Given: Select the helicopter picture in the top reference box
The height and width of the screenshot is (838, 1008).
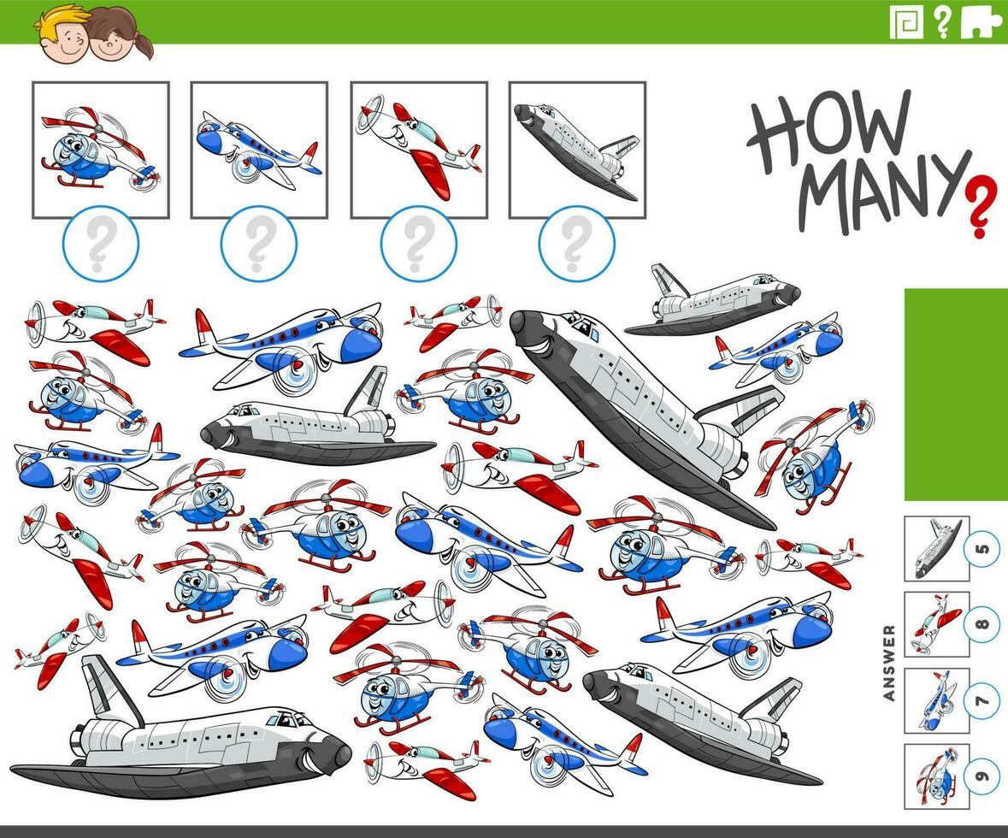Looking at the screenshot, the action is tap(100, 150).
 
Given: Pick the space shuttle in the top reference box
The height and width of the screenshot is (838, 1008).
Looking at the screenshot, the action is tap(577, 150).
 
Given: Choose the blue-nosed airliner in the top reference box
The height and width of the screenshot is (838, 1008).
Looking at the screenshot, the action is tap(259, 150).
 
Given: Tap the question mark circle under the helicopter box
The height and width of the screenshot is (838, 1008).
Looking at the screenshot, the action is tap(100, 243).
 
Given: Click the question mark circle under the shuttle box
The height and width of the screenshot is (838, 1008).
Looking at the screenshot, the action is tap(576, 243).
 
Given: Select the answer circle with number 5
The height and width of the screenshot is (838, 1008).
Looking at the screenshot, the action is tap(981, 549).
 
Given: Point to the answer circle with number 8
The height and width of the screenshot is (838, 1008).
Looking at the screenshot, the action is tap(981, 624).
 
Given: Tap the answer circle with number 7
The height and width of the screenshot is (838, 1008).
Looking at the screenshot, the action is tap(981, 700).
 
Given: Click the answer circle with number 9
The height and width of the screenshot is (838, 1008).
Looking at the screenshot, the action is tap(981, 776).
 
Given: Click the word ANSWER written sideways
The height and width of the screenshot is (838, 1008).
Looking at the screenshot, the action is tap(889, 663).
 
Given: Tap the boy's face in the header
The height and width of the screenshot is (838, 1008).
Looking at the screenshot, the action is tap(61, 35).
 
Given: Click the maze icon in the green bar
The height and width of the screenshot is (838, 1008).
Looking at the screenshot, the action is tap(905, 22).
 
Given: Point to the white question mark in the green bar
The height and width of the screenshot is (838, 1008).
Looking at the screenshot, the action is tap(942, 22).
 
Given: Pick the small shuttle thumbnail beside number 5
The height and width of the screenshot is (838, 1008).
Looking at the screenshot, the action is tap(936, 549).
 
